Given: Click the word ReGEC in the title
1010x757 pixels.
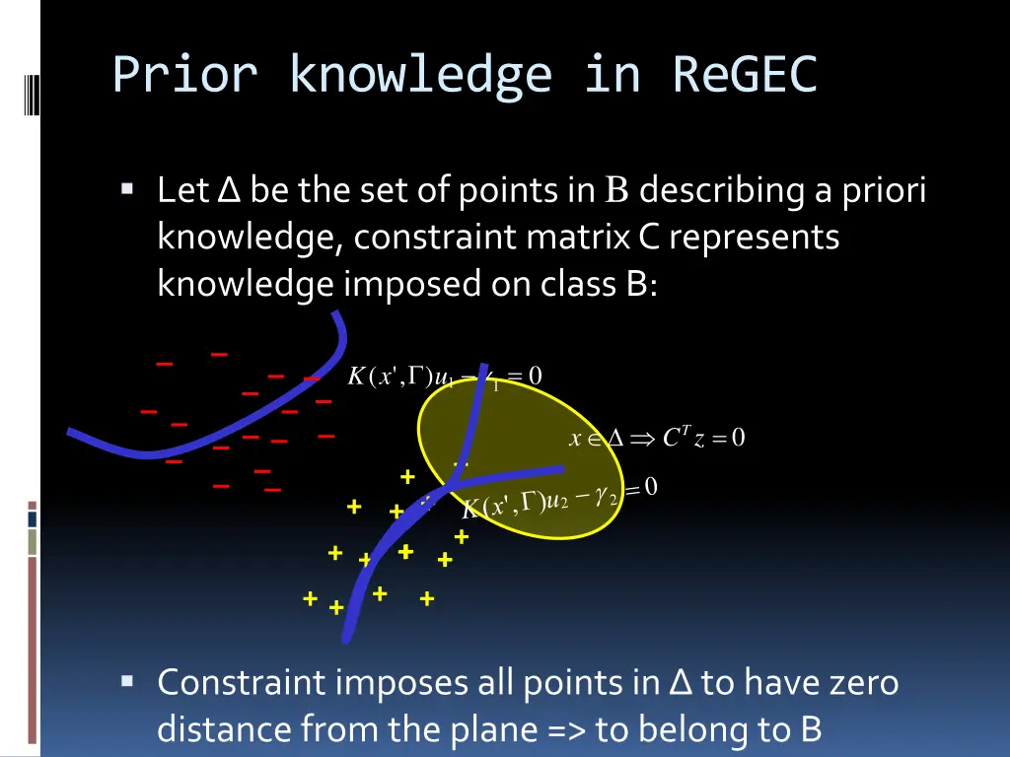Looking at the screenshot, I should pyautogui.click(x=745, y=75).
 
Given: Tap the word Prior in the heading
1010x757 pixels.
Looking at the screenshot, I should pyautogui.click(x=186, y=75).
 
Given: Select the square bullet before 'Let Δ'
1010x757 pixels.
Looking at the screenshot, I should pyautogui.click(x=128, y=188).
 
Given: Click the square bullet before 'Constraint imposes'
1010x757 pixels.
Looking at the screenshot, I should pyautogui.click(x=128, y=681).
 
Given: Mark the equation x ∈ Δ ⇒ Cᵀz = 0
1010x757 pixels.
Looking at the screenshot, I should pyautogui.click(x=657, y=439).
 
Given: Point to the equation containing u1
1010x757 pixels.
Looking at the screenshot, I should pyautogui.click(x=444, y=377).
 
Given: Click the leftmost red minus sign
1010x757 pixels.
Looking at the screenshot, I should pyautogui.click(x=149, y=411).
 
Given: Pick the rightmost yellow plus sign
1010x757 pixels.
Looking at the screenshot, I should pyautogui.click(x=461, y=537).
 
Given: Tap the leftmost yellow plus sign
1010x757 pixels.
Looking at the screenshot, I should pyautogui.click(x=311, y=598).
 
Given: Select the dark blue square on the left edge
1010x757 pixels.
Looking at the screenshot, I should pyautogui.click(x=33, y=518).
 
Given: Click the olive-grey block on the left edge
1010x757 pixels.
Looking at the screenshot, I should pyautogui.click(x=33, y=541).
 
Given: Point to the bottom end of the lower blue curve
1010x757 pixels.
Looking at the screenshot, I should pyautogui.click(x=346, y=639).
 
